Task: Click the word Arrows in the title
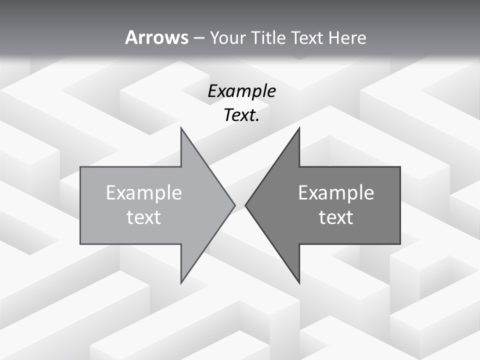(156, 37)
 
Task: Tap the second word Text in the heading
(308, 37)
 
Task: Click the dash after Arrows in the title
(198, 38)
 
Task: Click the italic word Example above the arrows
(241, 91)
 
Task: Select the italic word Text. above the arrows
(241, 115)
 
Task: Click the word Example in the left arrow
(143, 192)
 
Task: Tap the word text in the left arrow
(143, 217)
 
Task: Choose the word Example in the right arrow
(336, 192)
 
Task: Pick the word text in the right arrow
(336, 217)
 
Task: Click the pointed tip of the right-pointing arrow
(234, 205)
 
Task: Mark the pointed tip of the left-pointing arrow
(246, 205)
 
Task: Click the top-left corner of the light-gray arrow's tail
(81, 167)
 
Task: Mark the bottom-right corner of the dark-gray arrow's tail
(399, 243)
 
